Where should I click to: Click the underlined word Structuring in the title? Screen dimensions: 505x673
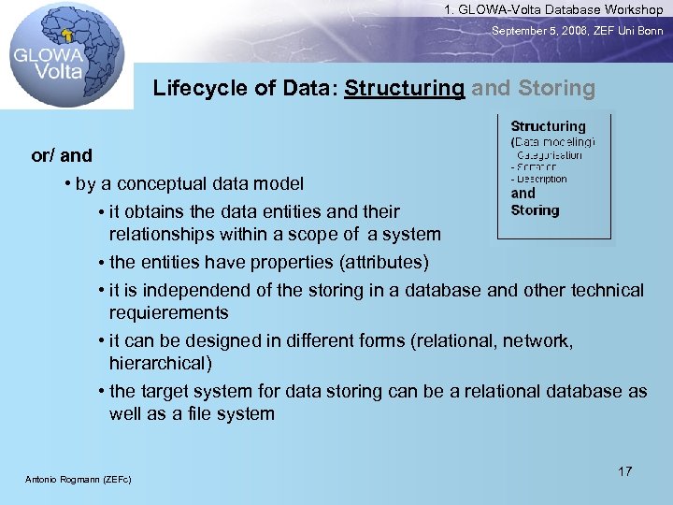click(x=404, y=89)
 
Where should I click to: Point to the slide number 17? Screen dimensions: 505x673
click(x=625, y=471)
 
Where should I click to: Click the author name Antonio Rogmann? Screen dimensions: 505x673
click(x=79, y=480)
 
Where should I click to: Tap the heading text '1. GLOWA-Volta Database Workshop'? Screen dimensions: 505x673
click(x=553, y=9)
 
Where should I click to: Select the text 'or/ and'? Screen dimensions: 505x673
click(x=62, y=155)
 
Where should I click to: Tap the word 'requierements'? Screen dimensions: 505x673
click(x=168, y=312)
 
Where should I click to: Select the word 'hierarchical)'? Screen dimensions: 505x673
click(x=161, y=363)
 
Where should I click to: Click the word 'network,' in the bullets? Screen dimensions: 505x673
click(x=539, y=341)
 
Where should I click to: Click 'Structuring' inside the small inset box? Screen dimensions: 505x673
click(x=548, y=126)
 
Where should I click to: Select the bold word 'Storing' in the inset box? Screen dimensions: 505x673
click(x=535, y=210)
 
